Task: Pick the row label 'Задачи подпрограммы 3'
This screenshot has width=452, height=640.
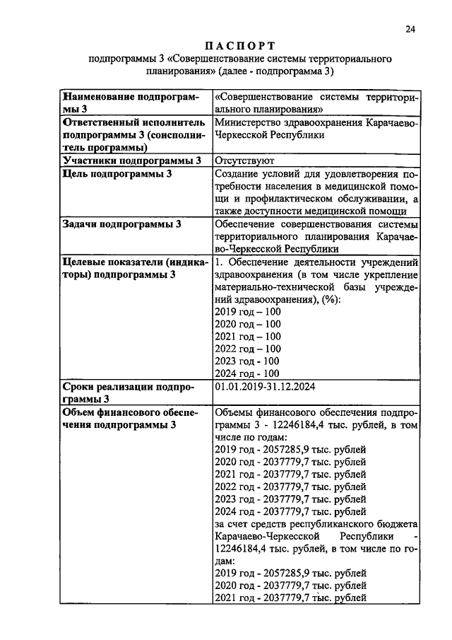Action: coord(122,224)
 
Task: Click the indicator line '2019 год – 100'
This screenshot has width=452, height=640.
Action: coord(246,311)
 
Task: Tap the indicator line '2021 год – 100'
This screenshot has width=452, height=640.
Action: coord(246,336)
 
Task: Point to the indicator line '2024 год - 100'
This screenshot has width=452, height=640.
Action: coord(246,373)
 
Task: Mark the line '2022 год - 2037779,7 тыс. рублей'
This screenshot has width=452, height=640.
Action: coord(290,487)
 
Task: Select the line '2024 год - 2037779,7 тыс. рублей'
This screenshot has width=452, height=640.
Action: coord(290,511)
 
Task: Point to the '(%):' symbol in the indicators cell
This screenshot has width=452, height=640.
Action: coord(329,299)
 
